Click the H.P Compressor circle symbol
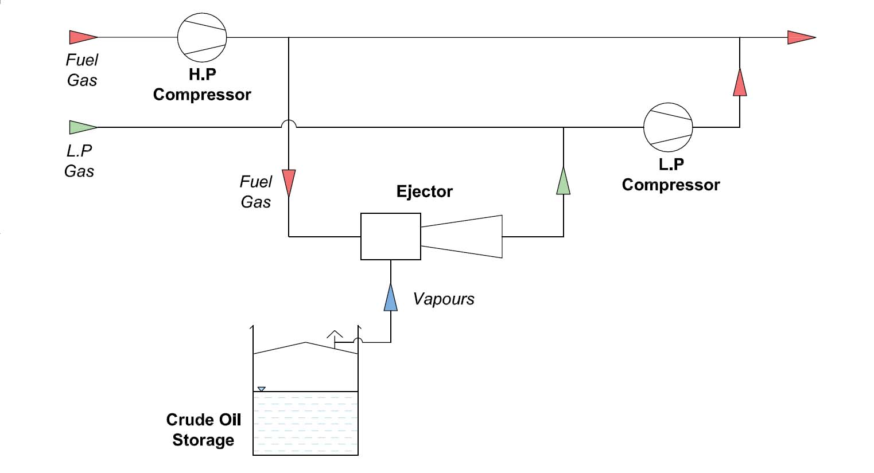pyautogui.click(x=202, y=38)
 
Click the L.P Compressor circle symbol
pyautogui.click(x=668, y=127)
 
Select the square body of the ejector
pyautogui.click(x=390, y=236)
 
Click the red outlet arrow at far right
pyautogui.click(x=801, y=38)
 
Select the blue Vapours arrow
pyautogui.click(x=391, y=298)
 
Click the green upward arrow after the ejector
pyautogui.click(x=564, y=181)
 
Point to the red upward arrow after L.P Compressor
pyautogui.click(x=740, y=83)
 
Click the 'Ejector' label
pyautogui.click(x=425, y=191)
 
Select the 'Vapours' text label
pyautogui.click(x=444, y=299)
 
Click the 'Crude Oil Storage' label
pyautogui.click(x=203, y=430)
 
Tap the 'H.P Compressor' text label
pyautogui.click(x=202, y=85)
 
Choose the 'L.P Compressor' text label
pyautogui.click(x=670, y=175)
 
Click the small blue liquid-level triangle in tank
pyautogui.click(x=261, y=389)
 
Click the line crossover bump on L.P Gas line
pyautogui.click(x=289, y=124)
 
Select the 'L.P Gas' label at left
pyautogui.click(x=80, y=161)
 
